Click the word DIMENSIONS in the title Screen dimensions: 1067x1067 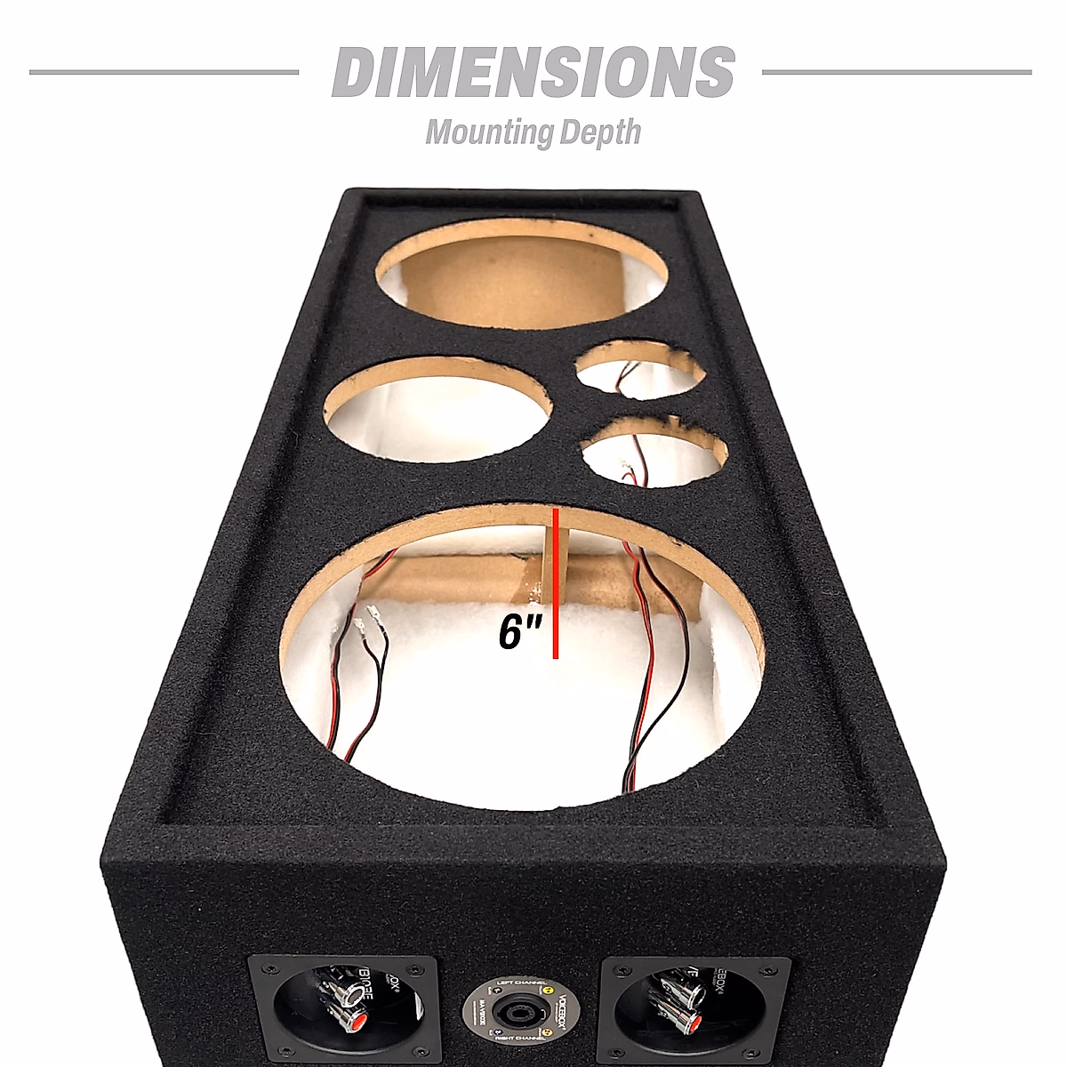[x=533, y=72]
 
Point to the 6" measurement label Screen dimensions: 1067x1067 [x=520, y=633]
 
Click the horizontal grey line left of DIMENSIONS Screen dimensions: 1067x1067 [x=164, y=72]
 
